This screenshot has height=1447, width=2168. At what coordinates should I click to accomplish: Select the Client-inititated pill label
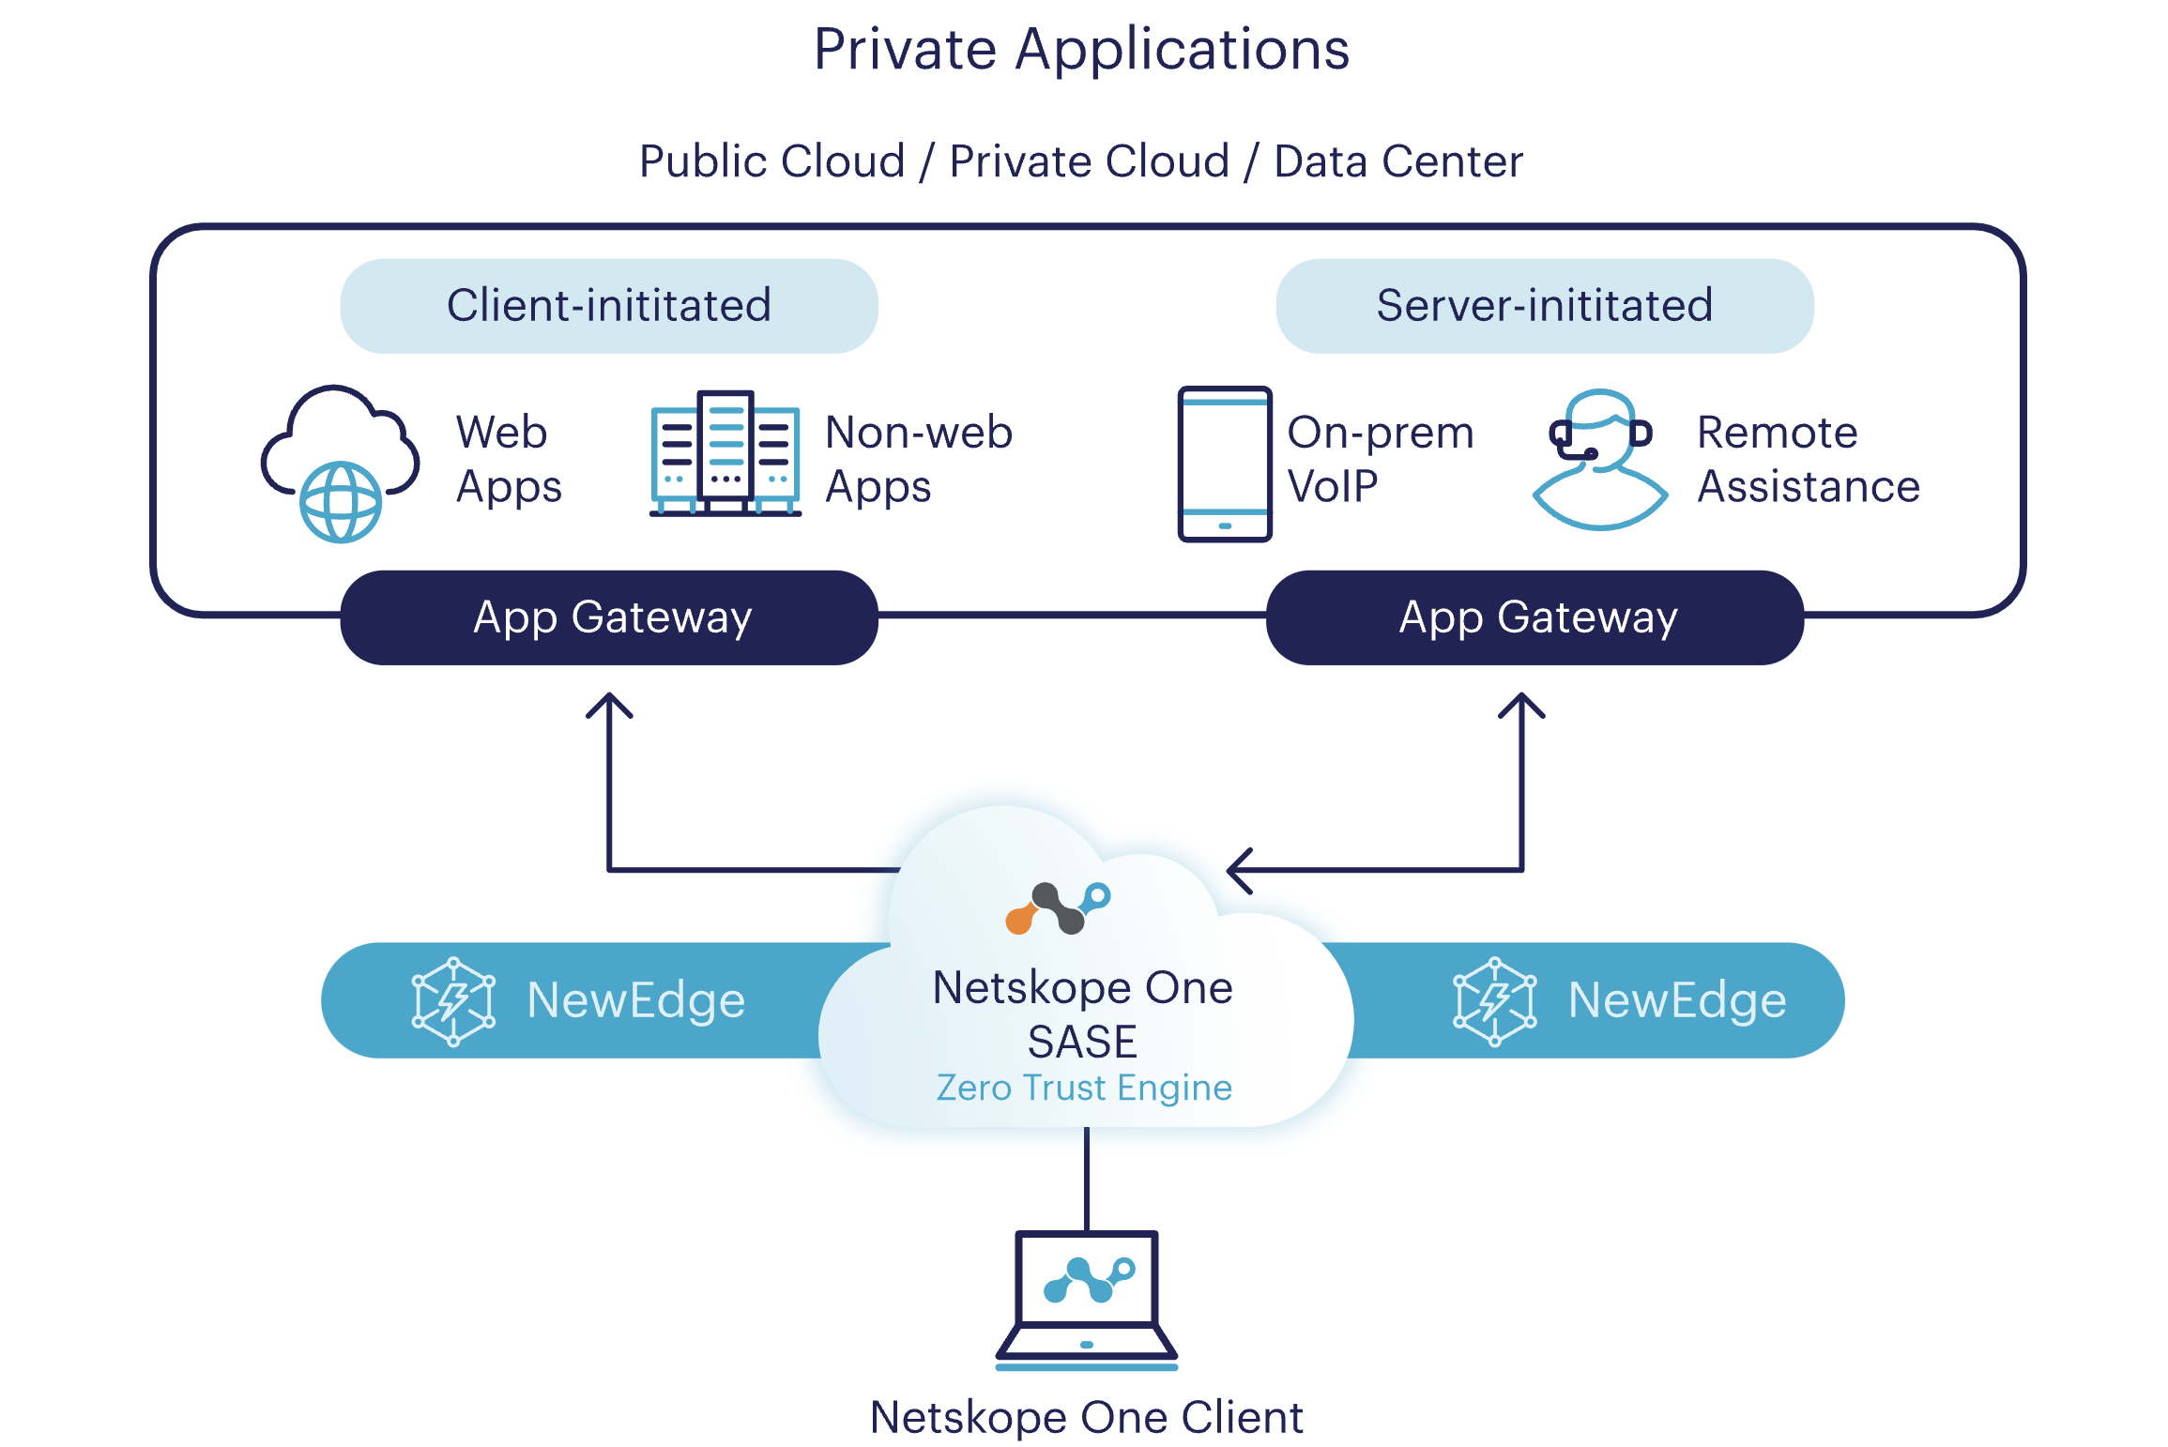(x=608, y=306)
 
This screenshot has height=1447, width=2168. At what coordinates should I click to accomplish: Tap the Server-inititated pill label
(x=1544, y=306)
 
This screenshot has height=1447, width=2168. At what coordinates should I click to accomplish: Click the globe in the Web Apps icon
(x=340, y=502)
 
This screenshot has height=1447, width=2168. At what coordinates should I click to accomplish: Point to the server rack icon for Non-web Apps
(x=725, y=454)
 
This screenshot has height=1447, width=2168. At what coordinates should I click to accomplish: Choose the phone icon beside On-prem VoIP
(x=1224, y=464)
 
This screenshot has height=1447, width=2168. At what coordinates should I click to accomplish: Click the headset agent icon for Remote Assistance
(x=1600, y=459)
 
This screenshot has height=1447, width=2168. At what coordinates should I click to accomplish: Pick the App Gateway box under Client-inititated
(x=608, y=617)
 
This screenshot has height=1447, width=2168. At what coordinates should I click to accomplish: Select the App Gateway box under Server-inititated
(x=1534, y=617)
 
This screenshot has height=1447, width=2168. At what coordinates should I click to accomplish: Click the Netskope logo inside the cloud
(x=1058, y=907)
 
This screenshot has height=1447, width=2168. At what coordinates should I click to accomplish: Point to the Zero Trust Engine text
(x=1084, y=1088)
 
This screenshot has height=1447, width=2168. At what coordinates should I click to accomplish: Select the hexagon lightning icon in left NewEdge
(x=453, y=1000)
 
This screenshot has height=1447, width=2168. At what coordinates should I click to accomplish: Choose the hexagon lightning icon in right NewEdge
(x=1494, y=1000)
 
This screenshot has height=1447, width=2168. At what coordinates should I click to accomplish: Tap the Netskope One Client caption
(x=1086, y=1417)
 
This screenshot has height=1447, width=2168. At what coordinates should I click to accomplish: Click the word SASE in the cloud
(x=1082, y=1042)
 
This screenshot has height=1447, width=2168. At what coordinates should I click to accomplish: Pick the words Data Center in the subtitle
(x=1397, y=161)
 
